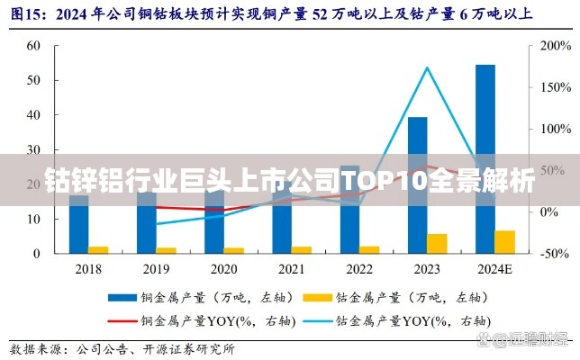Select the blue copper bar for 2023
(417, 184)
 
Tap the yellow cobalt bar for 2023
(437, 243)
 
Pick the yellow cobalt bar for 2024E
(504, 241)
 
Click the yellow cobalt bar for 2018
(98, 249)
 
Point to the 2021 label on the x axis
(291, 268)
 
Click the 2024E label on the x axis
(494, 268)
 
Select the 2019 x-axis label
(156, 268)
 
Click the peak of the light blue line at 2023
(427, 67)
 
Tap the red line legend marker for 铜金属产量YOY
(122, 319)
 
